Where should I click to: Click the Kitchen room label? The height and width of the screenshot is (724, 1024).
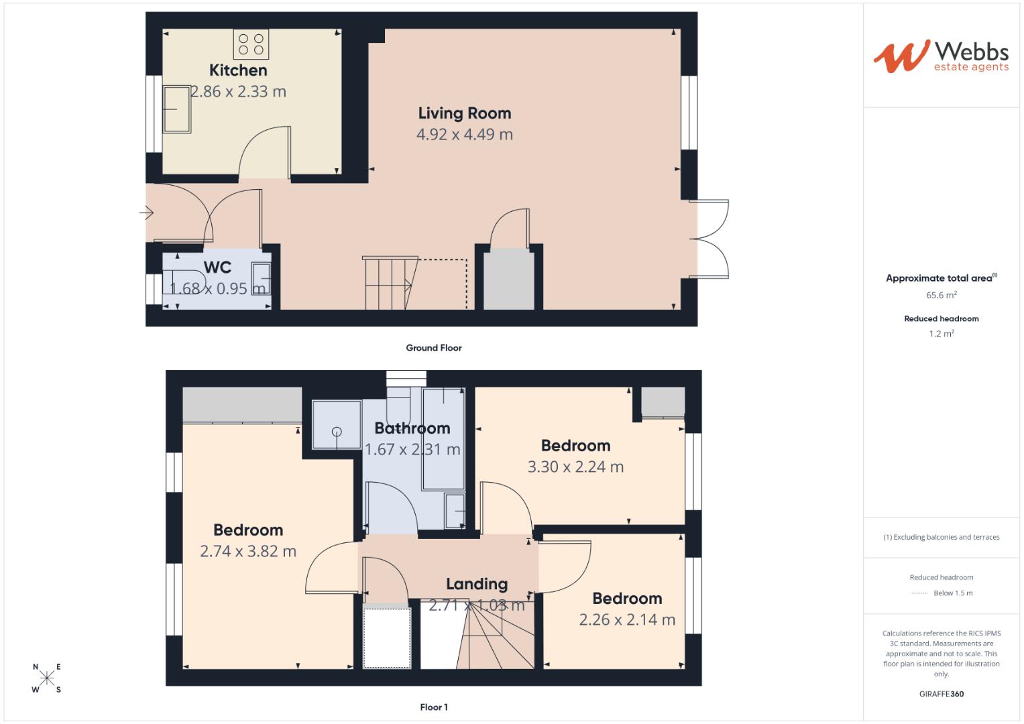(x=238, y=70)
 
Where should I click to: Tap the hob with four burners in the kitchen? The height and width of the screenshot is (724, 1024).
(x=251, y=44)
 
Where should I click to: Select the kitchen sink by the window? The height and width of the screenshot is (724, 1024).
(x=176, y=109)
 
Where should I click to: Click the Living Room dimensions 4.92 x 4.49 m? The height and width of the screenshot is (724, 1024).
(x=464, y=134)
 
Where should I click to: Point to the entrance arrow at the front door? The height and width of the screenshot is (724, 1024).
(x=147, y=213)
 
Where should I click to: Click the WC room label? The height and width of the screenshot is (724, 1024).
(x=217, y=267)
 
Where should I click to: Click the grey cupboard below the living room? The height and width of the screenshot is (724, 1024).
(x=509, y=279)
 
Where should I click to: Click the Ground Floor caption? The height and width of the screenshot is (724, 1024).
(x=433, y=348)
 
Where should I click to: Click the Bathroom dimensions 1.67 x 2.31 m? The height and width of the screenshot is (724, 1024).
(x=412, y=449)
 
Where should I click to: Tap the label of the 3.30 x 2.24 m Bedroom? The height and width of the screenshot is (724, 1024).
(x=575, y=446)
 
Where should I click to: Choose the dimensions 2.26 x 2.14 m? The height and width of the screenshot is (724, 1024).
(x=627, y=619)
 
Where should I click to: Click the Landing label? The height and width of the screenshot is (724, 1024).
(x=477, y=584)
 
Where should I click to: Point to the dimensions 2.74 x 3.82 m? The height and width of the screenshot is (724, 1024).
(x=248, y=551)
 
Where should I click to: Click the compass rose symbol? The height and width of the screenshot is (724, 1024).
(x=47, y=678)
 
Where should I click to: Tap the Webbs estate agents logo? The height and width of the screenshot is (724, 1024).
(x=941, y=56)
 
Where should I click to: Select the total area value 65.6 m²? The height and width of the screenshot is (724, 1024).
(x=941, y=295)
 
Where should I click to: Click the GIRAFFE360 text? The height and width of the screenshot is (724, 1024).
(x=941, y=694)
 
